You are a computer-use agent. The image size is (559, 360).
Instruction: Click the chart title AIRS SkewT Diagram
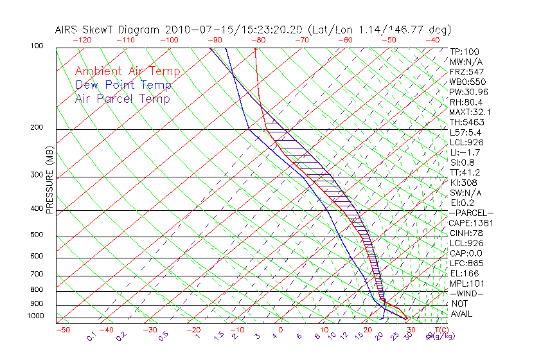point(109,30)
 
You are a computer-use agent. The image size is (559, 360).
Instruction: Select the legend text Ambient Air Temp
point(127,71)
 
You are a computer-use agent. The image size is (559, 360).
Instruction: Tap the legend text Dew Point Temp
point(123,85)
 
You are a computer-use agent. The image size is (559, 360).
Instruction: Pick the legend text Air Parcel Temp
point(122,98)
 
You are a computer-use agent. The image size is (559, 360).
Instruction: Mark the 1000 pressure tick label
point(36,316)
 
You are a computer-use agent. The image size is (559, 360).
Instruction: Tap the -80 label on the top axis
point(258,40)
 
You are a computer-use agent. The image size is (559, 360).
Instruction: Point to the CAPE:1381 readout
point(470,223)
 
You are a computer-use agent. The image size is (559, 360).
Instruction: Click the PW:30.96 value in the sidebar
point(468,92)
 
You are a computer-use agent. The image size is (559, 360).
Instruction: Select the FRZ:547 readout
point(466,71)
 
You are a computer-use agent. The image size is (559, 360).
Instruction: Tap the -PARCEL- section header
point(471,213)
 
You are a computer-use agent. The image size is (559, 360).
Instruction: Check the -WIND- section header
point(466,293)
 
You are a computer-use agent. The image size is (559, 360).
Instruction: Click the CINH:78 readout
point(466,233)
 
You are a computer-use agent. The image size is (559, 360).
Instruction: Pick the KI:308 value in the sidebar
point(464,183)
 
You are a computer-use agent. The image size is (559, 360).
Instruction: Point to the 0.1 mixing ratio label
point(91,336)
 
